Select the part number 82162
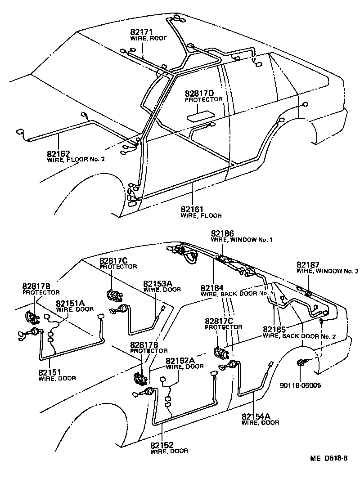58,153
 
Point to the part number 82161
192,209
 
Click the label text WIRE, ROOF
148,39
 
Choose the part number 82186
222,233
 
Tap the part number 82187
308,265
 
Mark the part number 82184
212,288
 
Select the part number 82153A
158,284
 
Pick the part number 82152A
180,361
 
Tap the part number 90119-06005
300,385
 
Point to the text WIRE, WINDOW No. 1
242,240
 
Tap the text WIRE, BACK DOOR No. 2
299,336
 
